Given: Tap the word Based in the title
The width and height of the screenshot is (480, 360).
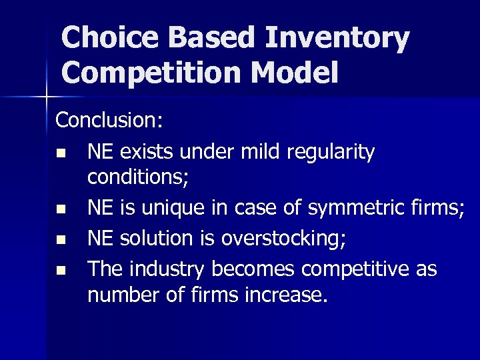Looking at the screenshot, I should (221, 38).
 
